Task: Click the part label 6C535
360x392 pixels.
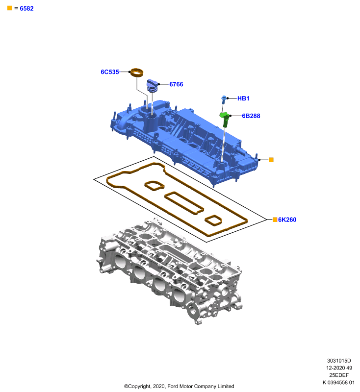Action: (109, 72)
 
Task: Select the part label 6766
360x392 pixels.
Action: (176, 84)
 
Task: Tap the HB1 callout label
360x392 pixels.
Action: (243, 98)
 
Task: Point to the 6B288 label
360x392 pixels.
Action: (251, 116)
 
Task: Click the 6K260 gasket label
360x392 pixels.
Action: (287, 220)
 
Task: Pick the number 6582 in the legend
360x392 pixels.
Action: (26, 8)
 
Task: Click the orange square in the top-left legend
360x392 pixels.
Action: (9, 8)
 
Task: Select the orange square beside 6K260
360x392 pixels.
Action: (275, 220)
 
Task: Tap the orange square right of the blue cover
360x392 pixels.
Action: (271, 160)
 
